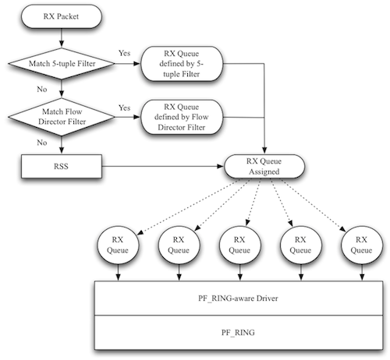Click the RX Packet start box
coord(62,16)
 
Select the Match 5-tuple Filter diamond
coord(62,63)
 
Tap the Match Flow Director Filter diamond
coord(62,117)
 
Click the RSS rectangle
coord(62,166)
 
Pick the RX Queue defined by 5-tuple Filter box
coord(182,64)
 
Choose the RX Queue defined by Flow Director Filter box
coord(182,117)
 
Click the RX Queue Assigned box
coord(264,166)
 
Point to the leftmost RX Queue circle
coord(118,245)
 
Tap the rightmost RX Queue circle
coord(362,245)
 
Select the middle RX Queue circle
coord(239,245)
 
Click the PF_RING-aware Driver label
coord(238,298)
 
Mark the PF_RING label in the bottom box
coord(238,333)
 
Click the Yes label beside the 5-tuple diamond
coord(124,53)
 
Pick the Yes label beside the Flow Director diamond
coord(124,108)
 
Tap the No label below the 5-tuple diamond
coord(42,90)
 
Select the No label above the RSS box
coord(42,143)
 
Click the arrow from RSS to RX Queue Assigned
coord(163,166)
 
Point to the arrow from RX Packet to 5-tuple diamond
coord(62,38)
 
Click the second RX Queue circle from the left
coord(179,245)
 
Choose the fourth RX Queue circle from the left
coord(301,245)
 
